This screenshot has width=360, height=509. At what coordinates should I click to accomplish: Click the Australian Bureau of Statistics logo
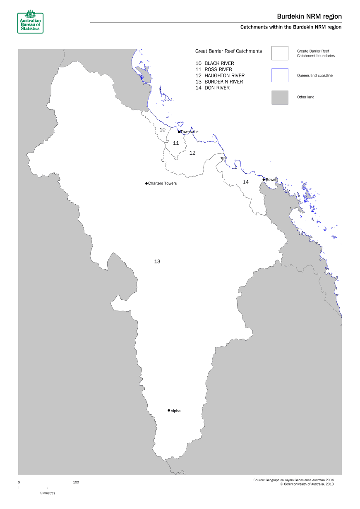tap(30, 21)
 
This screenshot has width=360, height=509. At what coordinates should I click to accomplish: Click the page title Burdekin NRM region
tap(309, 16)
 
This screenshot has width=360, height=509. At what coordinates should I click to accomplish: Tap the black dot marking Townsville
tap(179, 132)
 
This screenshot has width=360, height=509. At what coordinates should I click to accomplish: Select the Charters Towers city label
tap(162, 184)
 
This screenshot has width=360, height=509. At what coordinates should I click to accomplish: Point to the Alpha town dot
tap(169, 411)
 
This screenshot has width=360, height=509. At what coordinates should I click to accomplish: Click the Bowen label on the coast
tap(271, 180)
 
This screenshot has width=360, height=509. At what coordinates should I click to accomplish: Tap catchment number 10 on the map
tap(163, 130)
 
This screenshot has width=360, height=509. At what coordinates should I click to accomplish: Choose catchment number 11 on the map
tap(176, 143)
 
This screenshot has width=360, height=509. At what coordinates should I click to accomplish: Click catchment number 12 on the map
tap(192, 153)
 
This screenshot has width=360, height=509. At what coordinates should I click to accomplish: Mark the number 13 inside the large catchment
tap(157, 261)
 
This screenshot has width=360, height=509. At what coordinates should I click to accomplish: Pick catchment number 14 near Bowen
tap(246, 182)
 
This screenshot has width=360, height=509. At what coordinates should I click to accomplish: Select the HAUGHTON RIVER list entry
tap(224, 76)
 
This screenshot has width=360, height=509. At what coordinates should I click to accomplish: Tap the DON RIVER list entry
tap(217, 88)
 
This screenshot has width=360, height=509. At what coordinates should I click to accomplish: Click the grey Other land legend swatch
tap(280, 98)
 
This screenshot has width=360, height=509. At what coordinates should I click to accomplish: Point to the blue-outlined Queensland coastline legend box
tap(280, 75)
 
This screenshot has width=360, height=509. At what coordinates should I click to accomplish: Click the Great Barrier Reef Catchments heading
tap(228, 51)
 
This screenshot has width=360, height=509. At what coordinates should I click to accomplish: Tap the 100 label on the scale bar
tap(76, 482)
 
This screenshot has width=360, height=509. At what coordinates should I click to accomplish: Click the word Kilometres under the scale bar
tap(47, 493)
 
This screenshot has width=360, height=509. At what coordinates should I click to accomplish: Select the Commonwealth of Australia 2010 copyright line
tap(307, 484)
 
